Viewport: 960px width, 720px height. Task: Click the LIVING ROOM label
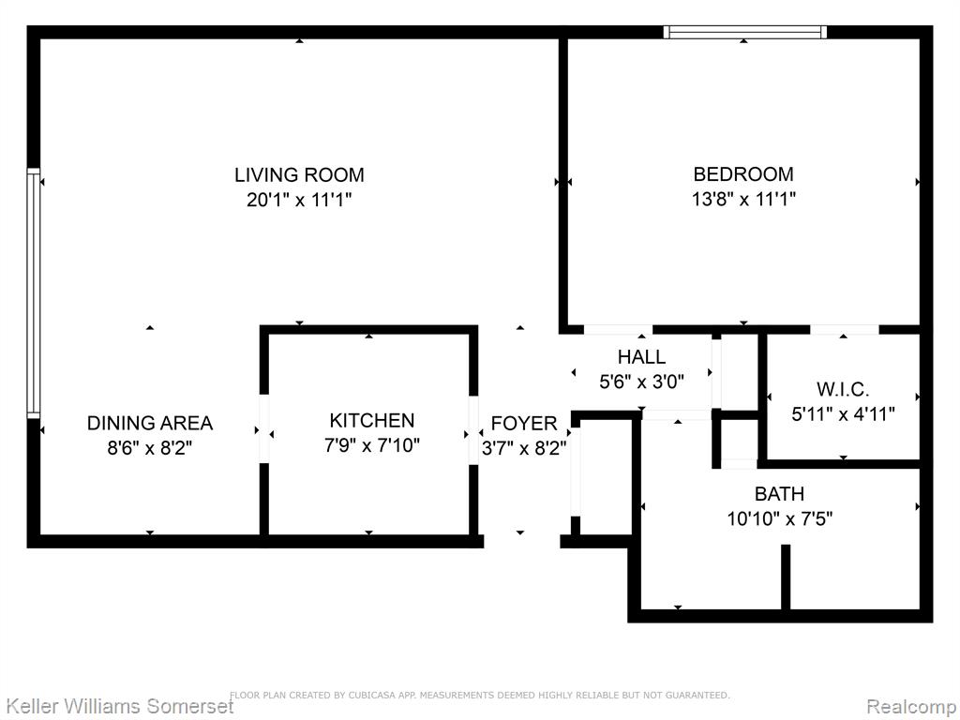299,175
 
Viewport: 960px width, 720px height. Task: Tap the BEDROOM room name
743,174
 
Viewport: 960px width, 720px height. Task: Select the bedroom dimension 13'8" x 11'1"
743,199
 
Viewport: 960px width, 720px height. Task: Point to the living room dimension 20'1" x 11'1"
299,200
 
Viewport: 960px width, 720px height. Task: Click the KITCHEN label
371,421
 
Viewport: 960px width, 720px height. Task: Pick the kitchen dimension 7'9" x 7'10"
371,445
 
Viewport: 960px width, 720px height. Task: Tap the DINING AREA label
150,423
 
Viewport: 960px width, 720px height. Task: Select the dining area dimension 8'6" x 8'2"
150,448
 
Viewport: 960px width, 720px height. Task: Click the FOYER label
524,424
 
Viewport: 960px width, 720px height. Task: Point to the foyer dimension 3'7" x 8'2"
524,448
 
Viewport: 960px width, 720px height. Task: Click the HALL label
641,357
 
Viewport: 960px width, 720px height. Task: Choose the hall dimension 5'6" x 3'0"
641,382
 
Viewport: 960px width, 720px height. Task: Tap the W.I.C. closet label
843,389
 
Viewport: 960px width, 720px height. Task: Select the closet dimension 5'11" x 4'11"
843,414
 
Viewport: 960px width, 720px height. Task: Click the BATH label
779,494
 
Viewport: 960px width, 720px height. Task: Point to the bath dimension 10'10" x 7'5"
779,519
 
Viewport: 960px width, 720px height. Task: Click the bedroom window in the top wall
745,33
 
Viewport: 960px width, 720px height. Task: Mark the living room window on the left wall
33,293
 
